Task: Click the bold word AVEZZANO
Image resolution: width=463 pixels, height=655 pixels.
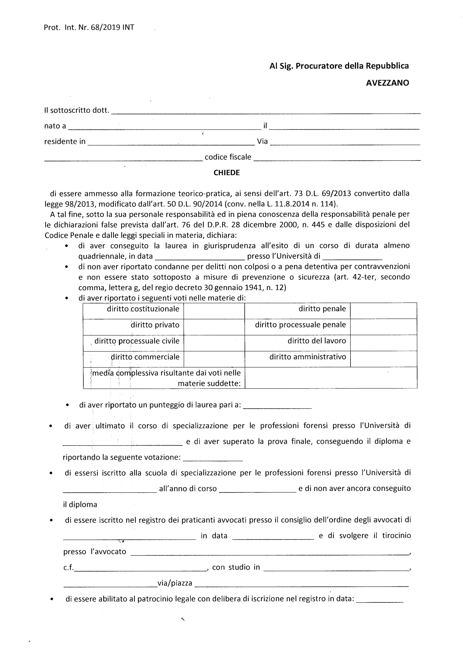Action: [x=387, y=83]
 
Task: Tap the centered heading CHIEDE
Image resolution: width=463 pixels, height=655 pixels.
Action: [x=227, y=173]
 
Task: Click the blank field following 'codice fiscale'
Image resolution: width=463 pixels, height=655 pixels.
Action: [x=337, y=158]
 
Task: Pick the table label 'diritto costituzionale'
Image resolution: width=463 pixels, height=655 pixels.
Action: [x=143, y=309]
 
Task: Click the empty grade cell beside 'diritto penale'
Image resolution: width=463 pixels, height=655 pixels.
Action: [x=384, y=311]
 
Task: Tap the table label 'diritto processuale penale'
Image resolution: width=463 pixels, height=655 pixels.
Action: [x=300, y=325]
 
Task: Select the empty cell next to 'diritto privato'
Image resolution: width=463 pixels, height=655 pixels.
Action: [x=214, y=327]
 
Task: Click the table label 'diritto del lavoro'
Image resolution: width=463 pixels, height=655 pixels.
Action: [x=317, y=341]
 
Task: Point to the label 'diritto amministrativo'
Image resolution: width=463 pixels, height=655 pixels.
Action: [x=308, y=357]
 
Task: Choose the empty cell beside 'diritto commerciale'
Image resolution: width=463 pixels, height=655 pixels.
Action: [x=214, y=359]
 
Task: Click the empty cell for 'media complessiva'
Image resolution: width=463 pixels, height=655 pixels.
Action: [x=331, y=378]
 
